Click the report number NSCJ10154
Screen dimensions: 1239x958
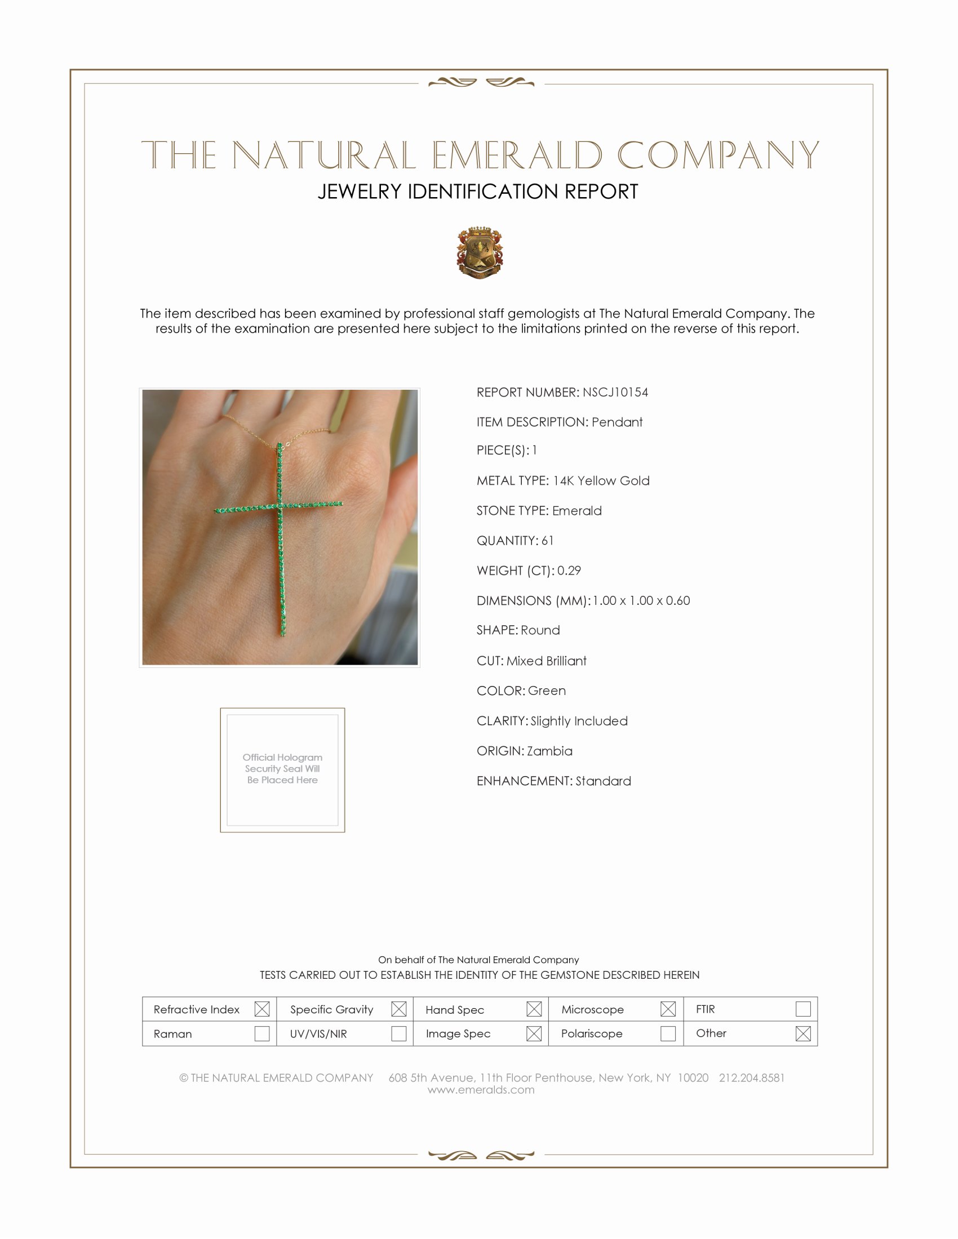pos(615,392)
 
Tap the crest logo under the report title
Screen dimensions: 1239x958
pos(480,252)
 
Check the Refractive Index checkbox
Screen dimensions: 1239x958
pos(261,1009)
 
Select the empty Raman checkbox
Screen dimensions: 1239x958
pos(261,1033)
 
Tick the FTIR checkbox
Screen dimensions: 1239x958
pos(803,1009)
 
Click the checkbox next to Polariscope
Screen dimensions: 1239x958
pos(668,1033)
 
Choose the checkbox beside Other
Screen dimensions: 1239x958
pos(803,1033)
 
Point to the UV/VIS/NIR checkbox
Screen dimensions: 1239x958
pos(399,1033)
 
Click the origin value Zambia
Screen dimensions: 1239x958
pos(549,751)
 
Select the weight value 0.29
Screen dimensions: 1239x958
pos(569,570)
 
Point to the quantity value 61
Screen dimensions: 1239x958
pos(547,540)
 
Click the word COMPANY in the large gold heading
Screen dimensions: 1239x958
pos(718,155)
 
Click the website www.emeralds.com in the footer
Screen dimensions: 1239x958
pos(481,1089)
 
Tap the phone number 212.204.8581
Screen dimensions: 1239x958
pos(751,1077)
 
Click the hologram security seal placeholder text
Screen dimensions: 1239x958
pos(282,769)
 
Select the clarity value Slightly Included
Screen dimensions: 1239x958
pos(579,720)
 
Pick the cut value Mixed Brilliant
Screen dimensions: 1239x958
pos(547,661)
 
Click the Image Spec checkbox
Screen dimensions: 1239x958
pos(534,1033)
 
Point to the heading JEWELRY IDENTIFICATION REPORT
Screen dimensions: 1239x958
pos(478,191)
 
